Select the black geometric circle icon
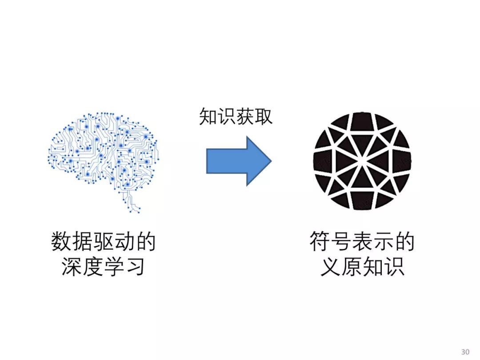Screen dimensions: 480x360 coord(362,161)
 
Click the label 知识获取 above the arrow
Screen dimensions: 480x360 coord(236,117)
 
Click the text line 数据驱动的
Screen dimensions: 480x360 coord(104,243)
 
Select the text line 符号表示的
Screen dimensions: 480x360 coord(362,243)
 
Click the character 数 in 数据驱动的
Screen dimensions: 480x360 coord(62,243)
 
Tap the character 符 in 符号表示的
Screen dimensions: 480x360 coord(320,243)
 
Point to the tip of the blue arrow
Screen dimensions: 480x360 coord(270,161)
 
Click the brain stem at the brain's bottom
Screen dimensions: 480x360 coord(131,202)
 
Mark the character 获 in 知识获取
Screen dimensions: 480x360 coord(245,117)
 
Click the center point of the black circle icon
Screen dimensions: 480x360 coord(362,161)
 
